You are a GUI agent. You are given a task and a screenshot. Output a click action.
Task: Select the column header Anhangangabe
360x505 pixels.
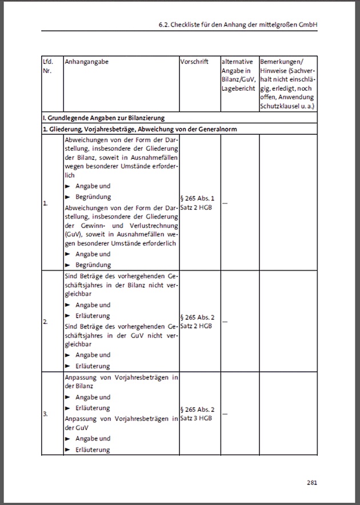tap(86, 61)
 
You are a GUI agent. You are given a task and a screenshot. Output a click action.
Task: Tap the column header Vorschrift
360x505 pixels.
tap(194, 61)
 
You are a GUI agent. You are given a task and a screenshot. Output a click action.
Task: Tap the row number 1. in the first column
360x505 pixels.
tap(45, 203)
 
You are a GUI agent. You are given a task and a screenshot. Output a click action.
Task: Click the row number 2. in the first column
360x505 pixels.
tap(45, 322)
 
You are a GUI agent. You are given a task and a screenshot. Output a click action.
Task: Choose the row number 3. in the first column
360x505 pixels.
tap(45, 413)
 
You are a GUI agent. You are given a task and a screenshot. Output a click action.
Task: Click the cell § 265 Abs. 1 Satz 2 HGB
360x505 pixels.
tap(197, 202)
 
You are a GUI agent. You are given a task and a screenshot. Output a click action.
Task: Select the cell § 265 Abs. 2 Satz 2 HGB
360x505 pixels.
tap(197, 321)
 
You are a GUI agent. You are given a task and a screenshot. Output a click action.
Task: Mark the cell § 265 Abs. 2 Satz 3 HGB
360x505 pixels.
tap(197, 414)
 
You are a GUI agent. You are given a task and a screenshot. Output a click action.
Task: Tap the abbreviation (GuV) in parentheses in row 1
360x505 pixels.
tap(73, 233)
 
